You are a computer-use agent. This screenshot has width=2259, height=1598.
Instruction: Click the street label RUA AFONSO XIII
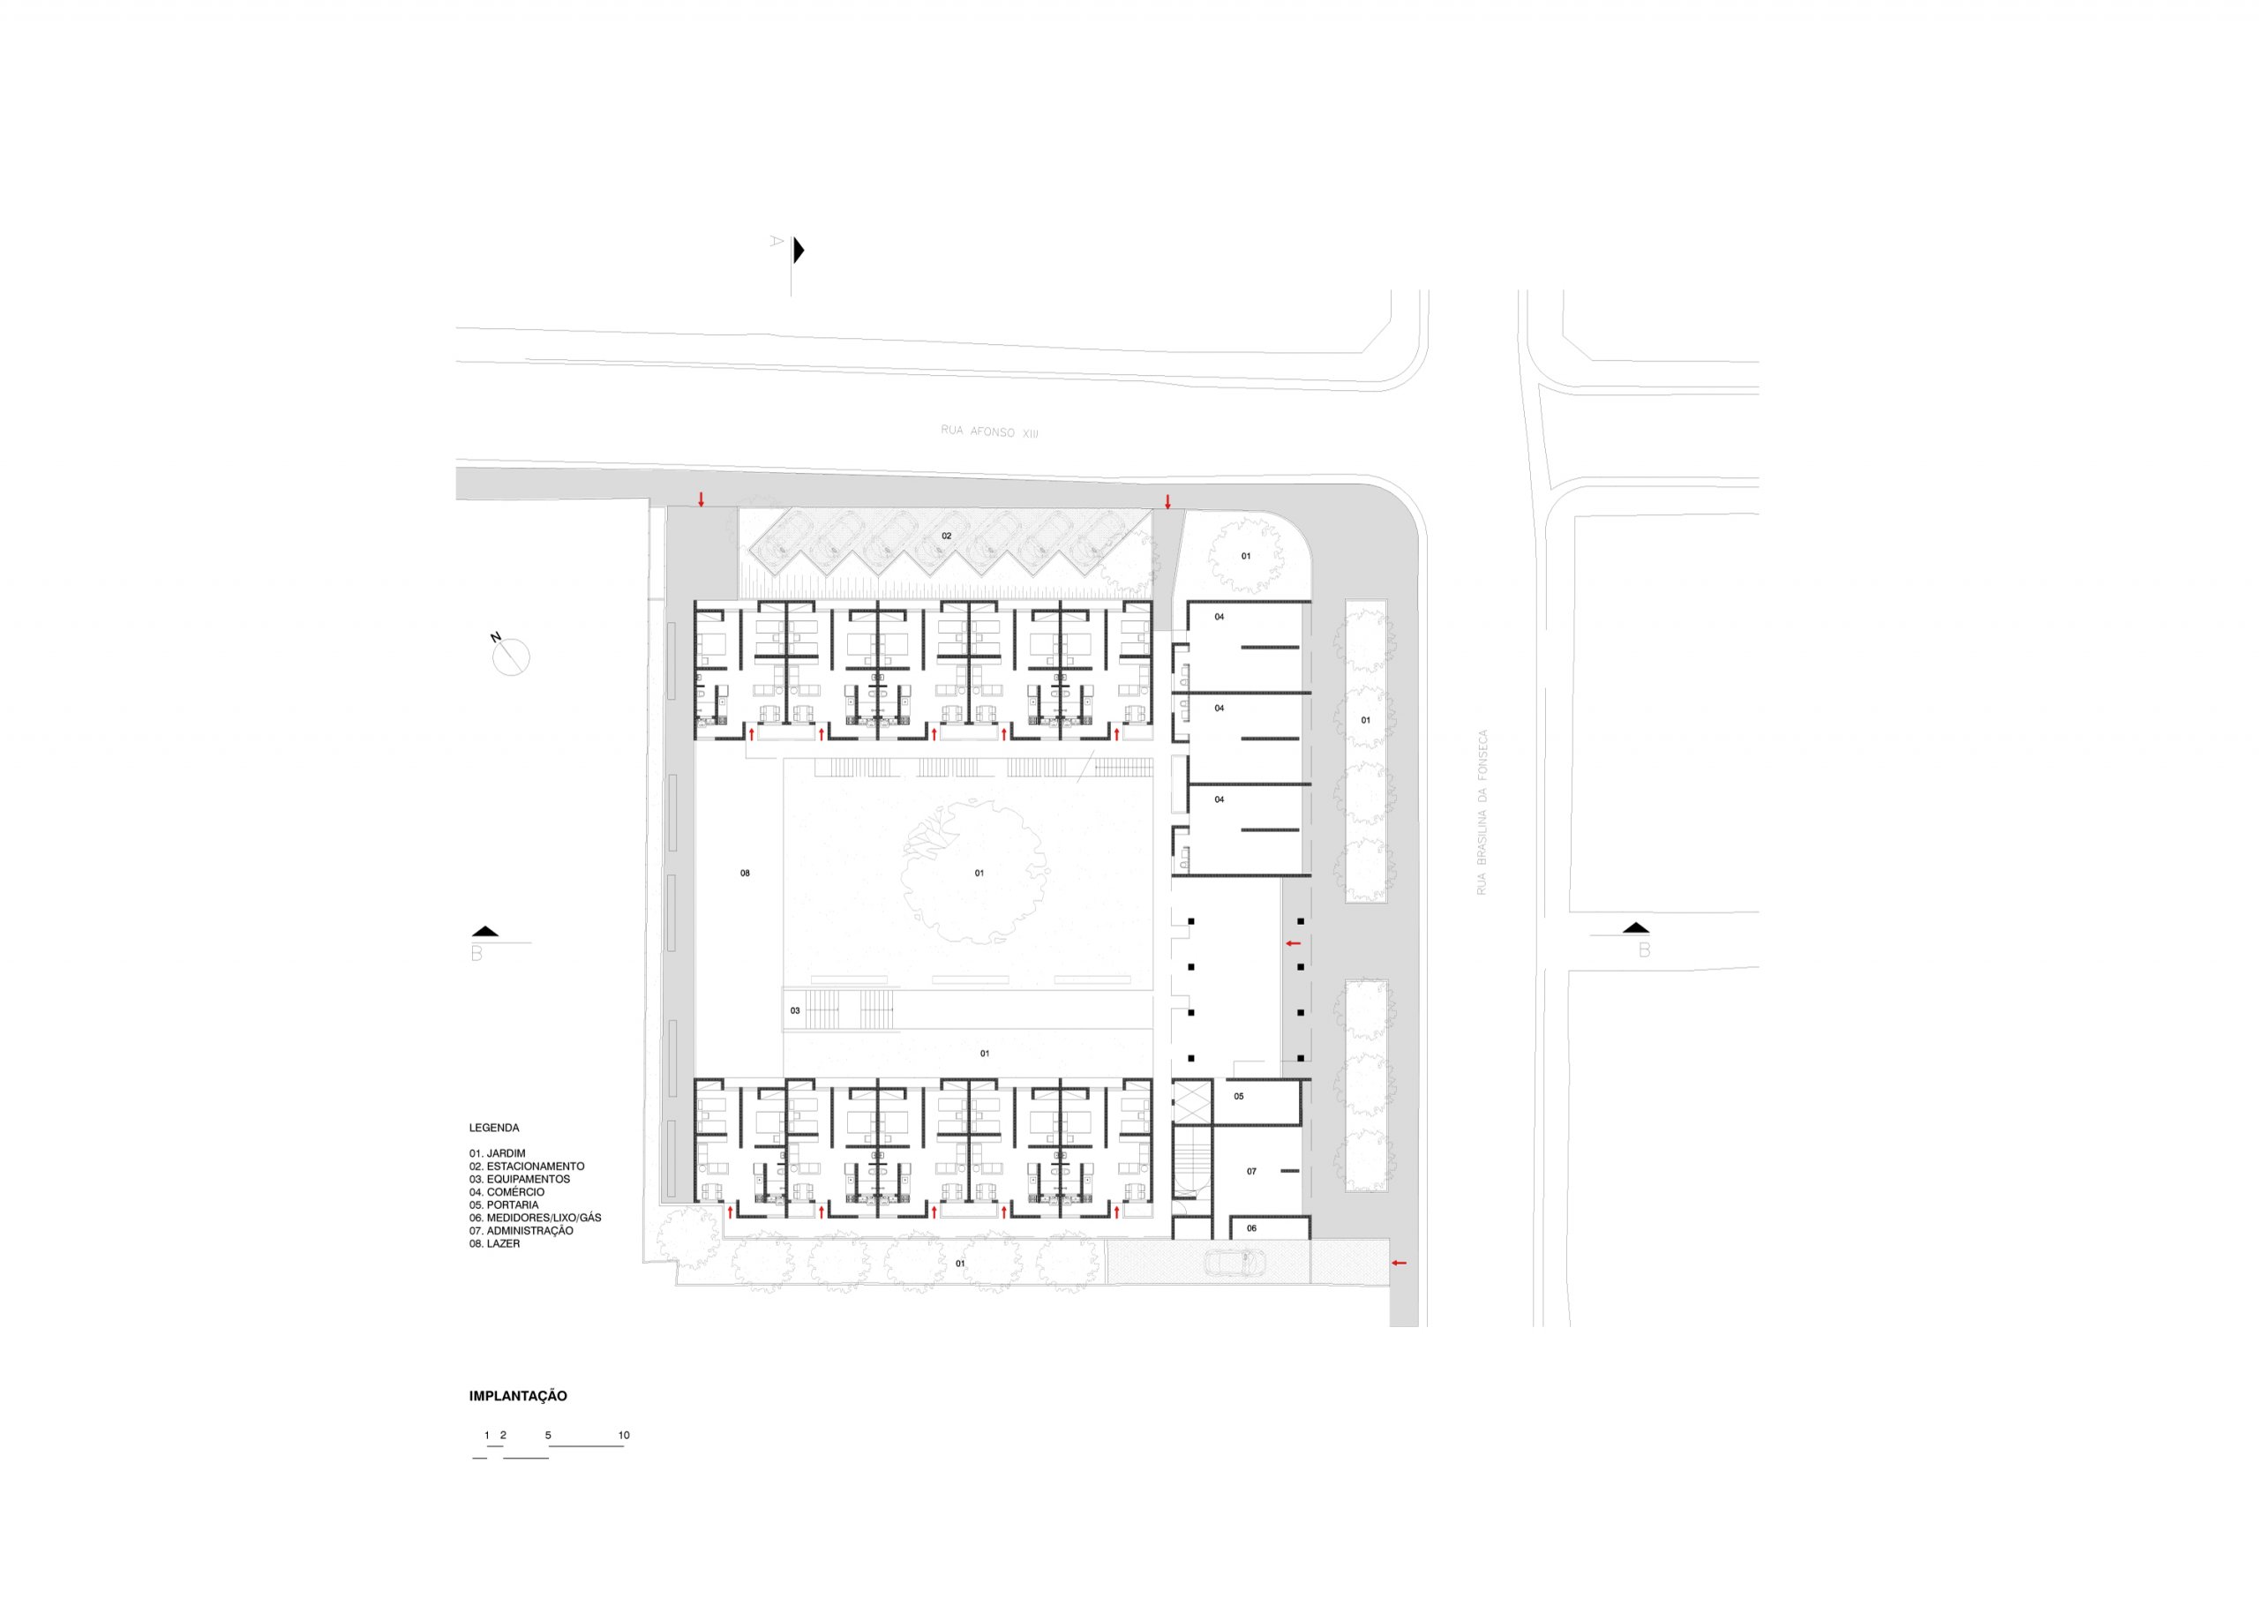[989, 431]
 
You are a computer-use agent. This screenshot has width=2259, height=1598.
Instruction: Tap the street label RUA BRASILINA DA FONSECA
[1482, 812]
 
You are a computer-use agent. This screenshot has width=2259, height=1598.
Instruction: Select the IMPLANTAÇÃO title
[517, 1395]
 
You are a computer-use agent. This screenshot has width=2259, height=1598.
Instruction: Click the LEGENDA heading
[494, 1128]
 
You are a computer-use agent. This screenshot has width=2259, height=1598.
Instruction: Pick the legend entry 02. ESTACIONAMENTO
[527, 1166]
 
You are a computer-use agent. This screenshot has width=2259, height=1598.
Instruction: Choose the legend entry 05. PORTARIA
[504, 1204]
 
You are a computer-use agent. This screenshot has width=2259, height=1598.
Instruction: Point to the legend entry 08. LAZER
[494, 1244]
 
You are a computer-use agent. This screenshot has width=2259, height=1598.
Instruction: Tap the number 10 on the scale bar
[624, 1435]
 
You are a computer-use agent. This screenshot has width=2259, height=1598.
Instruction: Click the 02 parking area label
[947, 536]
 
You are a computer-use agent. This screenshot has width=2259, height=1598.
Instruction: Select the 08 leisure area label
[745, 873]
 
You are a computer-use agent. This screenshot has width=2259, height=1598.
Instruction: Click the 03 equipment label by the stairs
[795, 1010]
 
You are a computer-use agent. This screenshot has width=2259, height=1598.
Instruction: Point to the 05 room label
[1239, 1096]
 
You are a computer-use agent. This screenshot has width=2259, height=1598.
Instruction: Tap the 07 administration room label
[1251, 1171]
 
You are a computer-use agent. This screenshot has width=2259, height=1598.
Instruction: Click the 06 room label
[1251, 1228]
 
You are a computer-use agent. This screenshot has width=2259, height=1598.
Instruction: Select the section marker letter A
[777, 240]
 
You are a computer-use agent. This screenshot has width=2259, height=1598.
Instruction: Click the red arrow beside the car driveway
[1398, 1263]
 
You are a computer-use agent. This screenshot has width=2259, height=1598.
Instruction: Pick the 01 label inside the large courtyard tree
[979, 873]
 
